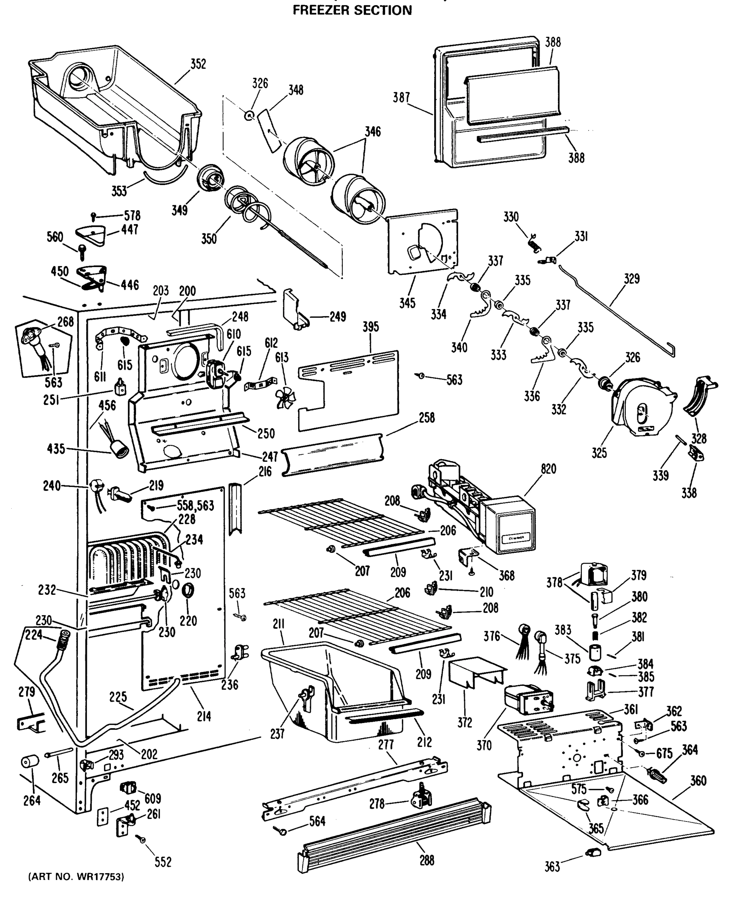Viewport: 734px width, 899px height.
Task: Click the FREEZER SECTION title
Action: point(352,10)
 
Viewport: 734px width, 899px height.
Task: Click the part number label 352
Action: point(198,64)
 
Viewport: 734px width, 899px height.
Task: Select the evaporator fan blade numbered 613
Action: point(286,398)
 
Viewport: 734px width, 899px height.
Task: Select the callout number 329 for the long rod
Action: point(632,279)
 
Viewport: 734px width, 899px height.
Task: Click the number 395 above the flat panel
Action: point(371,327)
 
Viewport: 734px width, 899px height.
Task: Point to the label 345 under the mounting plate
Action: point(407,303)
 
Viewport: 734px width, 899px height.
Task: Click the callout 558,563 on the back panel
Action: point(195,506)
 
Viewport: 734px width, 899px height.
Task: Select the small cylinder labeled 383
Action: point(595,653)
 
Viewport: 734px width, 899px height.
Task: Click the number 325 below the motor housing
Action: point(599,452)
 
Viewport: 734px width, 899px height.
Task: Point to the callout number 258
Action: point(427,418)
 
